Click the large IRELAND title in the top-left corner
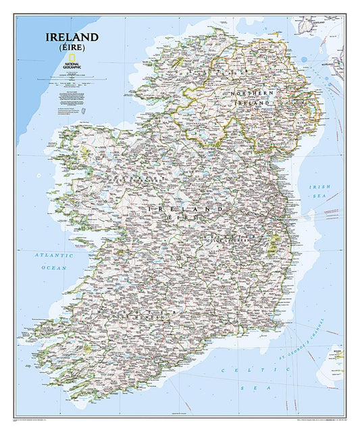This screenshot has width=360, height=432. point(72,36)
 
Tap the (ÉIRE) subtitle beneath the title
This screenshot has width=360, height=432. point(72,49)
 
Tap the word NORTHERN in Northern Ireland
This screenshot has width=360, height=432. point(250,92)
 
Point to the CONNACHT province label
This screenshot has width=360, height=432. point(139,178)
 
